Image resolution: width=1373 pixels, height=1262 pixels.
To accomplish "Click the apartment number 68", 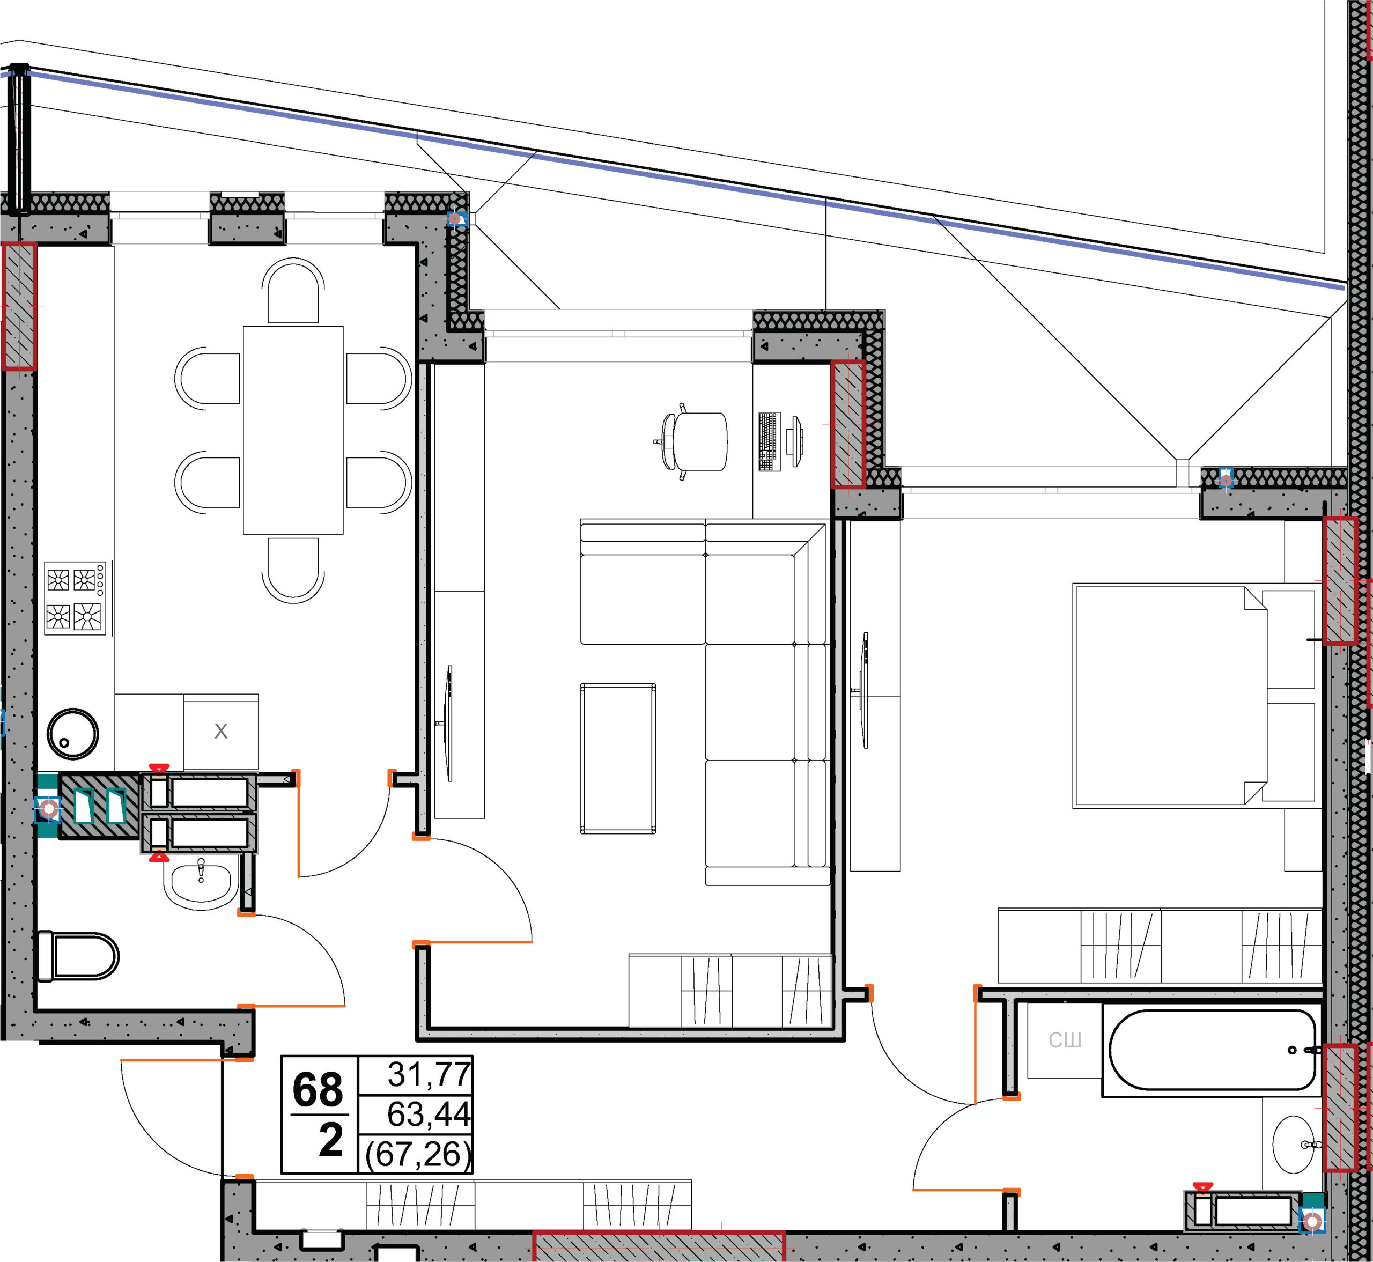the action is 318,1090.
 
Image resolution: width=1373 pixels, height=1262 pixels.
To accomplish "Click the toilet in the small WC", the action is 78,956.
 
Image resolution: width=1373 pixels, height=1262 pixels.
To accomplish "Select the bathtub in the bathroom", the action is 1213,1050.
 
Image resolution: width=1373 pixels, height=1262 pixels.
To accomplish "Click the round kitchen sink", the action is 72,733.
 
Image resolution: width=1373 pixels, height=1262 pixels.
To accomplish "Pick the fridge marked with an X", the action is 221,732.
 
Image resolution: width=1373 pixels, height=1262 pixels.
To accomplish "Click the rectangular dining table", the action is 293,430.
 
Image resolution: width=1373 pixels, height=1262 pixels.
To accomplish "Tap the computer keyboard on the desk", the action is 769,441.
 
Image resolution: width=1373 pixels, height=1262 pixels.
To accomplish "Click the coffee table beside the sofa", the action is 618,758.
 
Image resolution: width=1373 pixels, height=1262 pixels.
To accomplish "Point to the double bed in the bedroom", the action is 1193,696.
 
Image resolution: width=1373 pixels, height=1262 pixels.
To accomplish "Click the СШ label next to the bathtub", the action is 1065,1040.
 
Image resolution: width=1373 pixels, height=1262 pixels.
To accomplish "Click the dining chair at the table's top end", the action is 293,290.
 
